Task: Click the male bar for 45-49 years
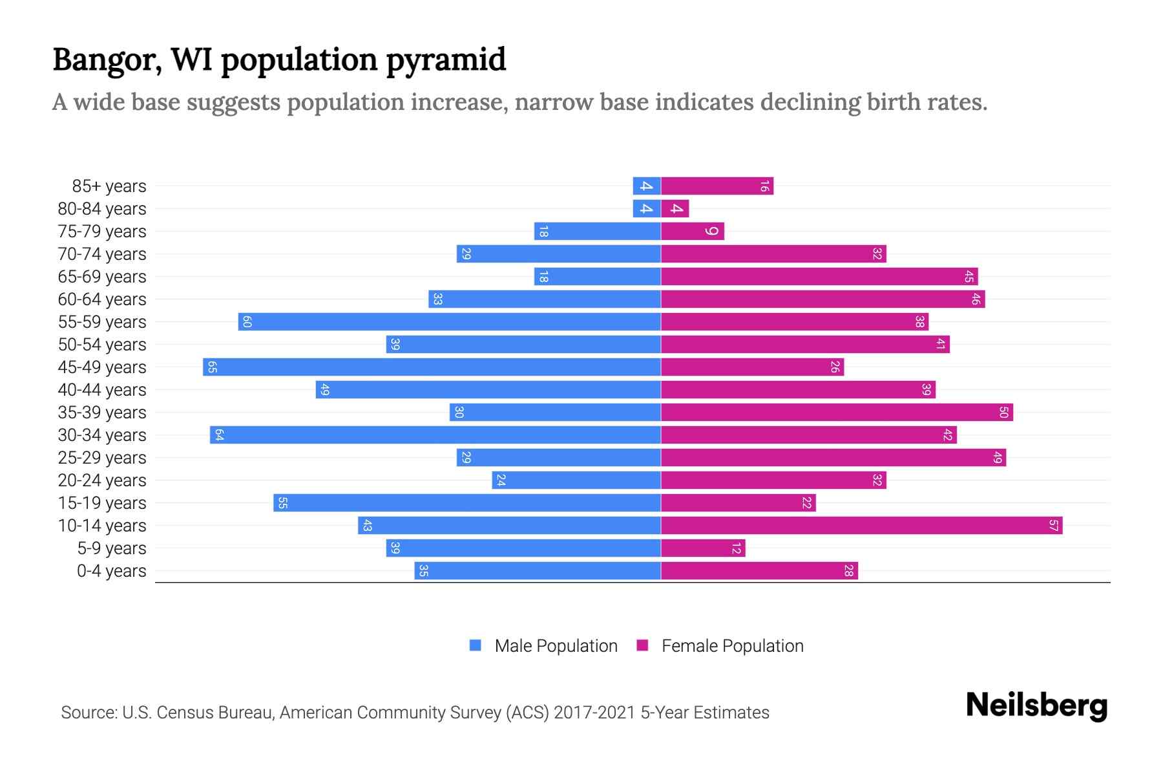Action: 432,367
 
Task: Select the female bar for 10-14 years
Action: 861,526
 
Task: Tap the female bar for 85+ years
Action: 717,186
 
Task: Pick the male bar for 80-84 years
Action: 647,209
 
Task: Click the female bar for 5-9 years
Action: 703,548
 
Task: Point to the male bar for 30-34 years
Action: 435,435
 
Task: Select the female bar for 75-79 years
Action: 693,232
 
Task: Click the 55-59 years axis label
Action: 102,322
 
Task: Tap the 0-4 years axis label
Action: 111,571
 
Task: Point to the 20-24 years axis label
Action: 102,480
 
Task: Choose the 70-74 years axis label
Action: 102,254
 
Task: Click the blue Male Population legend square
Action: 476,645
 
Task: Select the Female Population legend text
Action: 732,646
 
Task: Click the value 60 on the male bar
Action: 247,322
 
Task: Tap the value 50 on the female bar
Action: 1003,413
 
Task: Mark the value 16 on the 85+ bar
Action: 764,186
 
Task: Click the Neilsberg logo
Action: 1036,706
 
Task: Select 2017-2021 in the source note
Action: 594,713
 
